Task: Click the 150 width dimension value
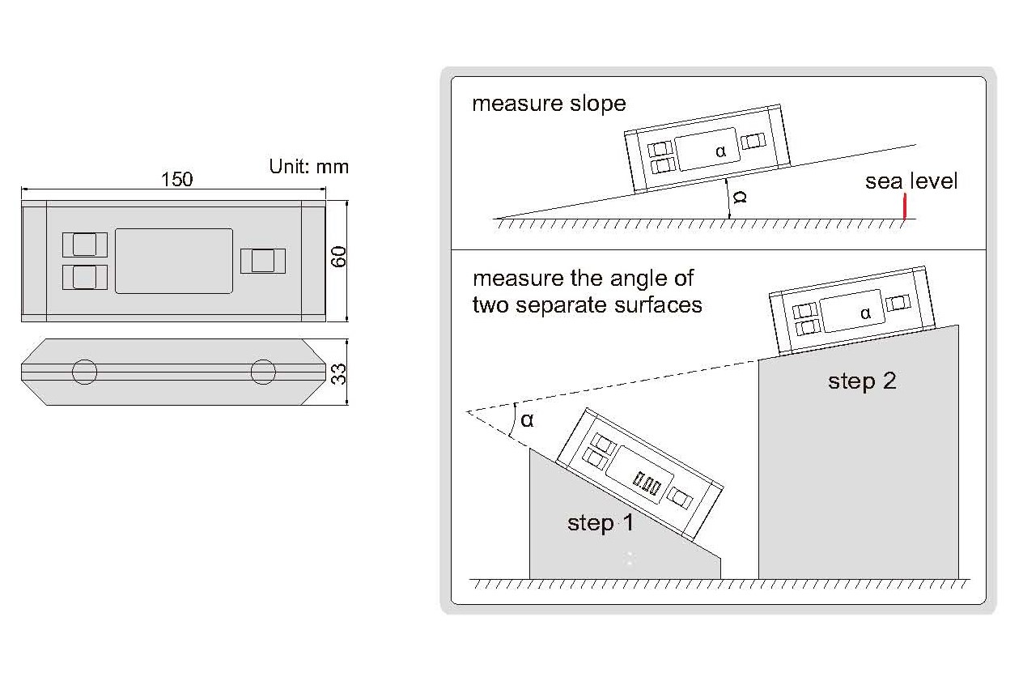[177, 179]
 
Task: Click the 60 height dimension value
[339, 258]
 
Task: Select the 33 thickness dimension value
[340, 373]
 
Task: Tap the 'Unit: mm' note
[308, 167]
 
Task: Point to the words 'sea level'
[911, 181]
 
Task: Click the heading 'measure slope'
[549, 104]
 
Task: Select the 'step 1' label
[601, 523]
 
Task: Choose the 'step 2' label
[862, 381]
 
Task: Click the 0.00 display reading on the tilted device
[648, 485]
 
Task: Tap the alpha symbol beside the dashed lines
[527, 419]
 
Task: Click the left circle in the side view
[84, 372]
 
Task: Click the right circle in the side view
[263, 372]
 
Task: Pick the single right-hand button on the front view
[263, 261]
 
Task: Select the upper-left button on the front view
[85, 244]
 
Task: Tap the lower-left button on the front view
[85, 277]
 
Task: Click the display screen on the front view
[174, 261]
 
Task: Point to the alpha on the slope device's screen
[721, 151]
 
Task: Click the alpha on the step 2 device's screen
[865, 313]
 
